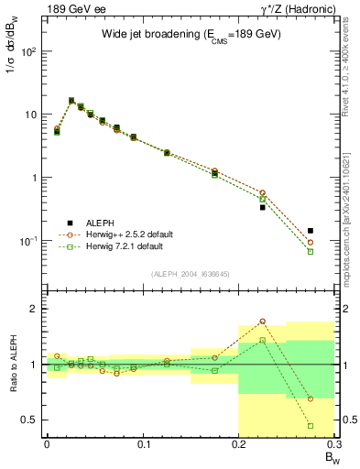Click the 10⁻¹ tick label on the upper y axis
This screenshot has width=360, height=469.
pyautogui.click(x=29, y=241)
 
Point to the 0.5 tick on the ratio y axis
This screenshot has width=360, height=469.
pyautogui.click(x=32, y=420)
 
